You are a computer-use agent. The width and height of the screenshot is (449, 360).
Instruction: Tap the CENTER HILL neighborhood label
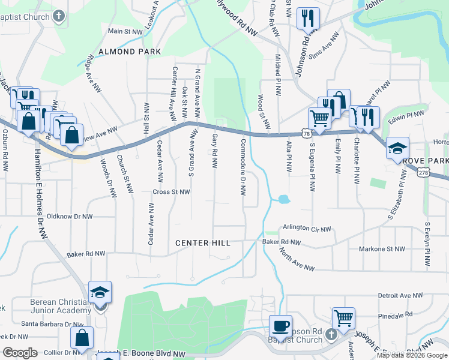(x=202, y=243)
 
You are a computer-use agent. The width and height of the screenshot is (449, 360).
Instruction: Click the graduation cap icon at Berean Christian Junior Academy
(x=100, y=293)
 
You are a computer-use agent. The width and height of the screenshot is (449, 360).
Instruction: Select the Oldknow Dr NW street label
(x=70, y=216)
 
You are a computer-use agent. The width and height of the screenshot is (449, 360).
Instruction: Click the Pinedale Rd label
(x=396, y=314)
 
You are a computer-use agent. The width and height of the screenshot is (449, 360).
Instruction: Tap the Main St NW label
(x=125, y=31)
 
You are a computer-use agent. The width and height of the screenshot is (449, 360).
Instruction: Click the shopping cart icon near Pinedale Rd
(x=343, y=319)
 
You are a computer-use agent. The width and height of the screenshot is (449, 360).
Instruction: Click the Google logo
(x=20, y=353)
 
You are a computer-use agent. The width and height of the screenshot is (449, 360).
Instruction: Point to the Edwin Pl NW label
(x=406, y=113)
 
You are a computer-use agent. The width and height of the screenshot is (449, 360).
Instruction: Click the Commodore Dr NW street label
(x=243, y=167)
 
